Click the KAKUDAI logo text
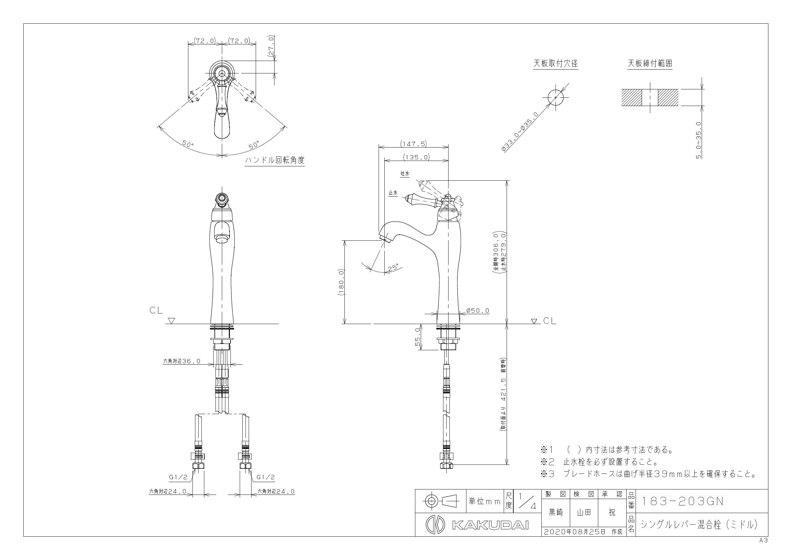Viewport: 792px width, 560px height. click(490, 525)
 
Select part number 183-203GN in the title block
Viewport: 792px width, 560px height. click(682, 501)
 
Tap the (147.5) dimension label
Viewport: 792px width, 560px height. click(413, 144)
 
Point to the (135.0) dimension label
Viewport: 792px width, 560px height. click(416, 157)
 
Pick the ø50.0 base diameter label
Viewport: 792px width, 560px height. click(478, 311)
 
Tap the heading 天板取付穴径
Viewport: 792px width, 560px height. click(555, 64)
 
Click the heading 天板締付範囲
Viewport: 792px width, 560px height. click(650, 64)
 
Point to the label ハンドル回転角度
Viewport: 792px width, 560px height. click(275, 160)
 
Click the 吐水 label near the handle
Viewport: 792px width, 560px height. click(405, 174)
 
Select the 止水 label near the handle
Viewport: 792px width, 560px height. click(393, 193)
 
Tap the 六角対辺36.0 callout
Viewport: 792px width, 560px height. click(181, 362)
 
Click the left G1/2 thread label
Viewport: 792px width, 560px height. click(178, 477)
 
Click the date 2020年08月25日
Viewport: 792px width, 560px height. click(575, 532)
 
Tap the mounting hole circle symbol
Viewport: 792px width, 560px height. click(555, 97)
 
